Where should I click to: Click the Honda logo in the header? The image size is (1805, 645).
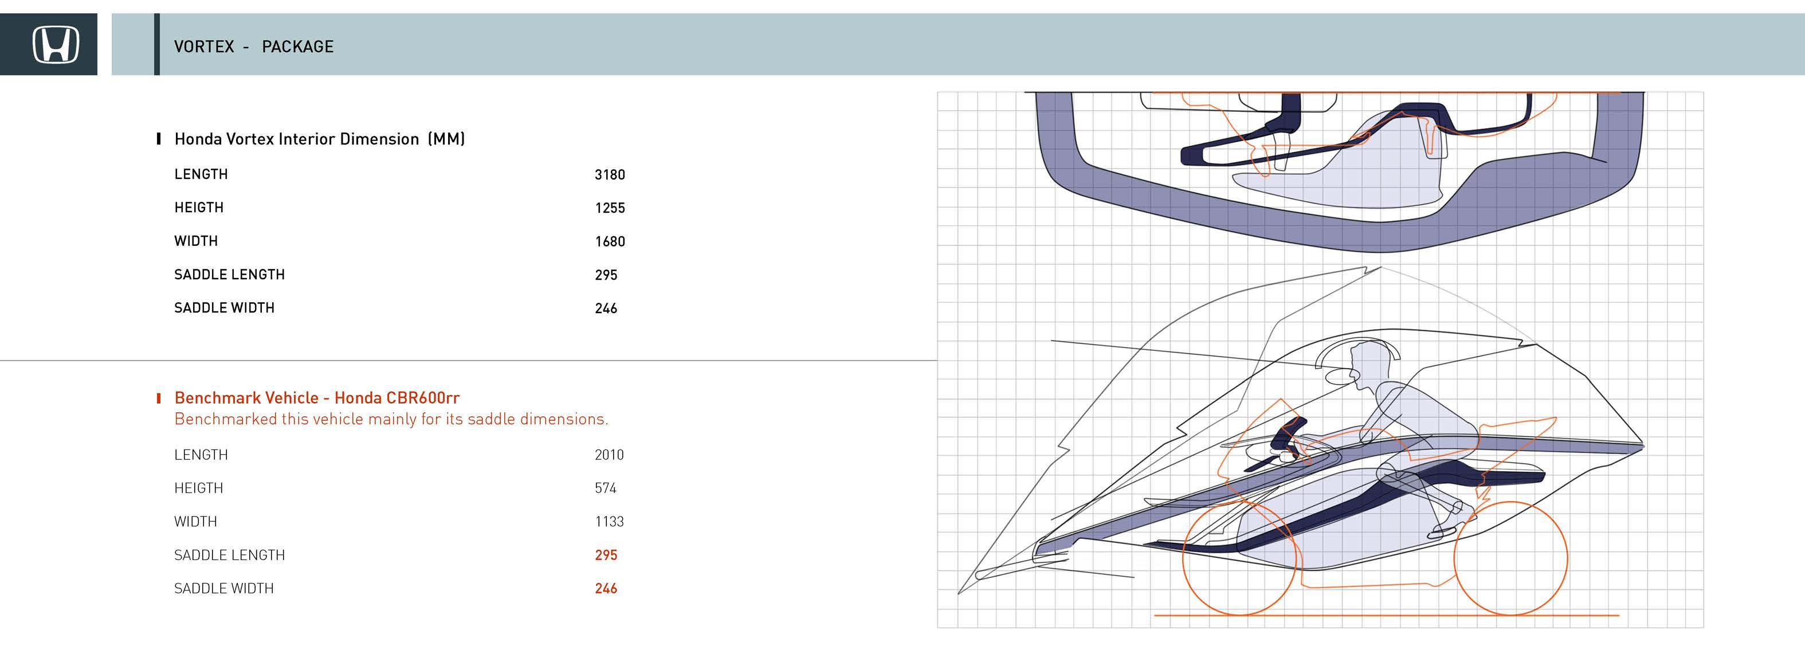point(56,45)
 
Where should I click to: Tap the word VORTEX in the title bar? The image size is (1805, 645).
point(204,47)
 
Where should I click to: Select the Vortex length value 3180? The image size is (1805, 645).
point(609,174)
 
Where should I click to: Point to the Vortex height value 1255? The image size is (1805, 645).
point(609,208)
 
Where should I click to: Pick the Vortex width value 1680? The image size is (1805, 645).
point(609,242)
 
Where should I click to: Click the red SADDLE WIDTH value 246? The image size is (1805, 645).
point(606,589)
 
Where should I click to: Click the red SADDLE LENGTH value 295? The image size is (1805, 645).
point(606,555)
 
